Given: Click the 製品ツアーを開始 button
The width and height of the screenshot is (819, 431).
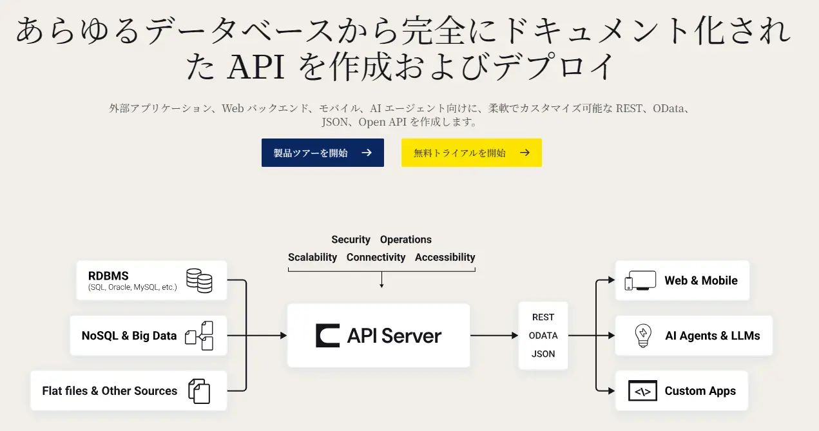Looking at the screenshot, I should tap(322, 153).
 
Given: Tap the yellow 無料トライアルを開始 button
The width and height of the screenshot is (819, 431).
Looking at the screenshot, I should tap(471, 153).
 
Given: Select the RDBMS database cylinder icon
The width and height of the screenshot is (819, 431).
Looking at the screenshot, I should tap(199, 280).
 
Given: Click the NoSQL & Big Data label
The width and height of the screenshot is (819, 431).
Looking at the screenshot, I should tap(129, 336).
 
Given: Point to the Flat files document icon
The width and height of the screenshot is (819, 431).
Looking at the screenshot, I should tap(199, 391).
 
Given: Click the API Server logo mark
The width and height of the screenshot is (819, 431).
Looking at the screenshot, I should tap(327, 336).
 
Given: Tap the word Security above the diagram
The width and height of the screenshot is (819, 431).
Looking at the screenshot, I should tap(351, 240).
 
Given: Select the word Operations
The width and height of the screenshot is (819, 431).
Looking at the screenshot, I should tap(405, 240).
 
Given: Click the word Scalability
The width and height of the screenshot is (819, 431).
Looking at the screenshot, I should tap(313, 257).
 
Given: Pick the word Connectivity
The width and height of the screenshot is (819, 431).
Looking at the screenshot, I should tap(376, 257).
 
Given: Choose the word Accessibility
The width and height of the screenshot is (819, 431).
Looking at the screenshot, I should tap(445, 257).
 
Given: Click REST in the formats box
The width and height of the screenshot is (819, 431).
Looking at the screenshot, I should tap(543, 317).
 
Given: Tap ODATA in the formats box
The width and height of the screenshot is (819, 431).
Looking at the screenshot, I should tap(543, 336).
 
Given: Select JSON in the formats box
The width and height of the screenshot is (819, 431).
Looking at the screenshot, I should tap(543, 354).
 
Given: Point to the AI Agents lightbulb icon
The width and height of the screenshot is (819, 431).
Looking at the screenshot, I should tap(642, 336).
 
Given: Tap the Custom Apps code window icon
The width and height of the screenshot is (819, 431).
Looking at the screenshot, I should tap(642, 391).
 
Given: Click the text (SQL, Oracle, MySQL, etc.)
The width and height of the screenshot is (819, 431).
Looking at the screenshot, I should tap(132, 287).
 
